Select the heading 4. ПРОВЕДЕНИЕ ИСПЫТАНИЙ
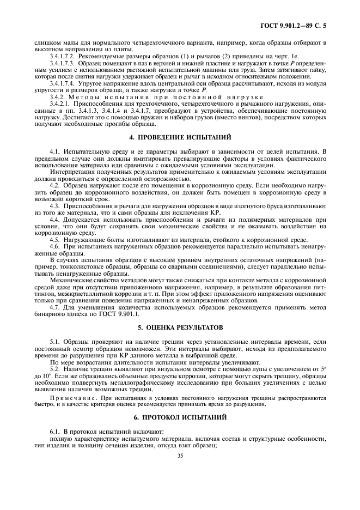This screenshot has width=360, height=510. click(x=180, y=136)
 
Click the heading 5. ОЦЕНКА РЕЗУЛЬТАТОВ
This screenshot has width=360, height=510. click(x=180, y=329)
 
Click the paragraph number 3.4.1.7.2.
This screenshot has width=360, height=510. click(x=63, y=56)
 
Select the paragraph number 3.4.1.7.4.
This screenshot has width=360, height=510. click(x=63, y=83)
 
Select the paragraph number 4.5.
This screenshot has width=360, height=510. click(x=54, y=240)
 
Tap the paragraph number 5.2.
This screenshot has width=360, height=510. click(x=54, y=369)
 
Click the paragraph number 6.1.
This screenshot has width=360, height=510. click(x=54, y=431)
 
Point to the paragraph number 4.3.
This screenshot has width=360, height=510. click(x=54, y=207)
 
